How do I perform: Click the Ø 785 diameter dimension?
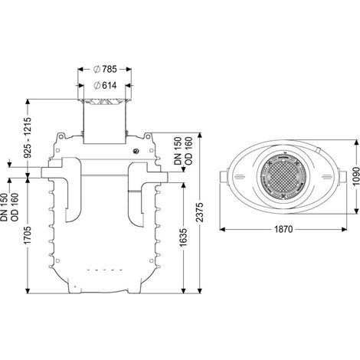tap(105, 69)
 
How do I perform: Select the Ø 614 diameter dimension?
tap(105, 85)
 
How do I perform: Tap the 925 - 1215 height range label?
tap(28, 137)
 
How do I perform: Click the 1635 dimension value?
tap(183, 237)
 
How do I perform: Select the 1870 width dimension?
tap(283, 229)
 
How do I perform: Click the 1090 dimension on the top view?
tap(355, 176)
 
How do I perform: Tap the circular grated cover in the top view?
tap(283, 176)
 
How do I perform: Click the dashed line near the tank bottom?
tap(105, 270)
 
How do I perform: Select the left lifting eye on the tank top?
tap(61, 136)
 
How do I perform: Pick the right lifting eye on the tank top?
tap(148, 136)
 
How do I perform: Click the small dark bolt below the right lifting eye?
tap(136, 151)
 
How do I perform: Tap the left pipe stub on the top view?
tap(224, 177)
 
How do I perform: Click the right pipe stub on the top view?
tap(342, 176)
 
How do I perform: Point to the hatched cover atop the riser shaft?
tap(105, 102)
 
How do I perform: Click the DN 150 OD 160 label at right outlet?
tap(182, 151)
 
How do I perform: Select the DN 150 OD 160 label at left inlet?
tap(10, 207)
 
